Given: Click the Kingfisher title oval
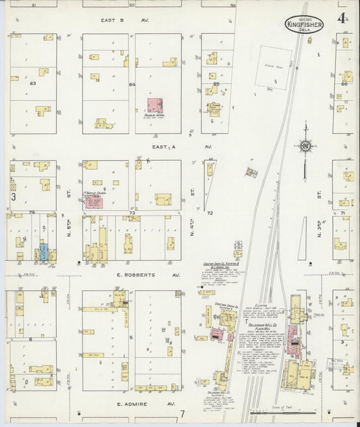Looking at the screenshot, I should (304, 25).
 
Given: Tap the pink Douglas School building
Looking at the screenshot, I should (155, 105).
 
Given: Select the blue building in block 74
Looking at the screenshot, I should (43, 253).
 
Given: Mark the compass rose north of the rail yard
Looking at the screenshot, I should (306, 145).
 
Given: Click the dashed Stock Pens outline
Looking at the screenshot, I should (275, 68).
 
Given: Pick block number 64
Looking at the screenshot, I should (132, 84).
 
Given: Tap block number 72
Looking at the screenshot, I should (209, 213).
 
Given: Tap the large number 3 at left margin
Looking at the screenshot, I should (13, 197).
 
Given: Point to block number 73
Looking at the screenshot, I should (132, 213).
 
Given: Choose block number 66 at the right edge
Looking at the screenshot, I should (344, 84).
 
